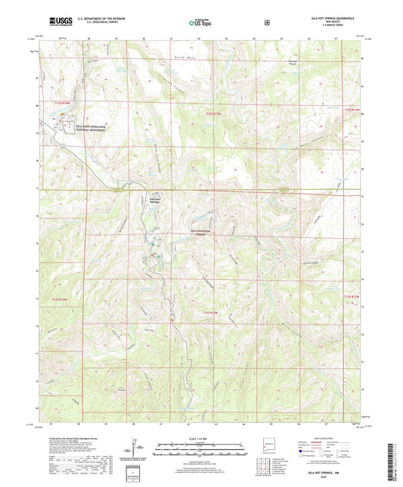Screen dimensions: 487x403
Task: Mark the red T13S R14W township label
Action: [x=59, y=299]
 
